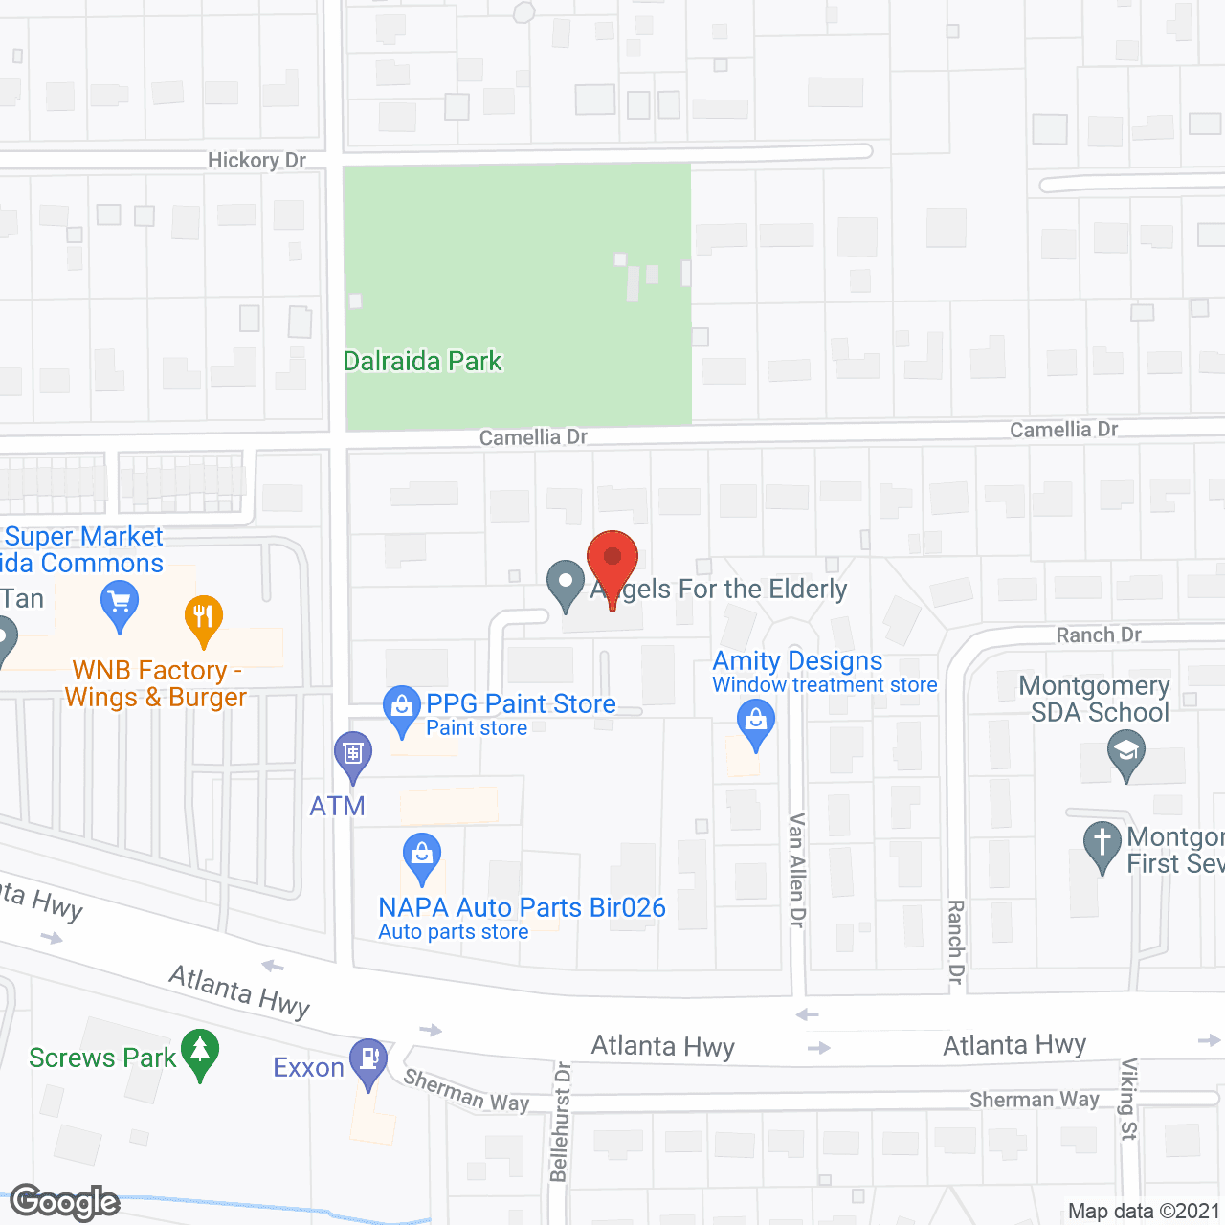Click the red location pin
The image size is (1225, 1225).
pyautogui.click(x=612, y=565)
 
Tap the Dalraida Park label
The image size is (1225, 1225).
pyautogui.click(x=422, y=361)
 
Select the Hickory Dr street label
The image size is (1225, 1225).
pyautogui.click(x=256, y=160)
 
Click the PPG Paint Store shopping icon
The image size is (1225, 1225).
pyautogui.click(x=402, y=708)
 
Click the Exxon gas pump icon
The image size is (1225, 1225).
pyautogui.click(x=368, y=1061)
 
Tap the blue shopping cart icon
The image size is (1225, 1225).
pyautogui.click(x=120, y=606)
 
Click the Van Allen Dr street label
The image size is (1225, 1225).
pyautogui.click(x=796, y=870)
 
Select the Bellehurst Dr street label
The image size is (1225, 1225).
pyautogui.click(x=560, y=1122)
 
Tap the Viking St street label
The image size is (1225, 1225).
pyautogui.click(x=1129, y=1099)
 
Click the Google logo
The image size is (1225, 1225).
pyautogui.click(x=65, y=1203)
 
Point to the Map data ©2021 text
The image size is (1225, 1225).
pyautogui.click(x=1144, y=1212)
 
